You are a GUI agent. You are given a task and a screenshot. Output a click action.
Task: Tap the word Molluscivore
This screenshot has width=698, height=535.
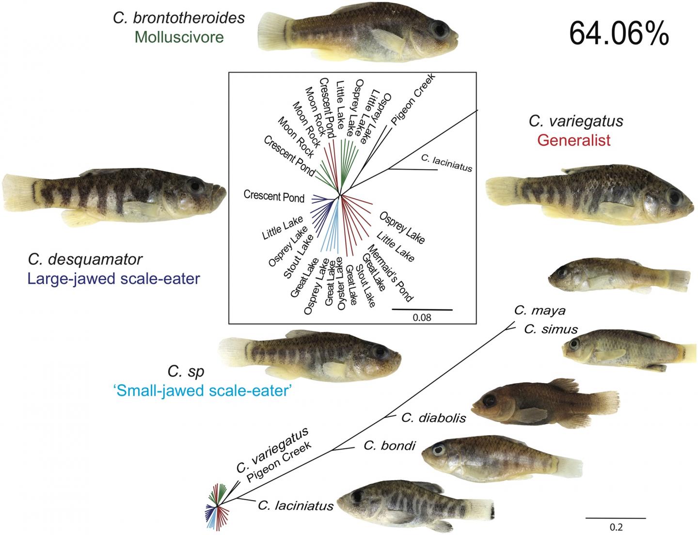pos(179,37)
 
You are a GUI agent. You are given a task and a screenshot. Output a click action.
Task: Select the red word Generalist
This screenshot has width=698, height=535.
pos(574,141)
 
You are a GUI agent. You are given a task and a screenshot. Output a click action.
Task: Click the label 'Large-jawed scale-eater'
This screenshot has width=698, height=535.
pos(114,279)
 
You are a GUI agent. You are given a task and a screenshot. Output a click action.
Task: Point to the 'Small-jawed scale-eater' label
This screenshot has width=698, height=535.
pos(201,391)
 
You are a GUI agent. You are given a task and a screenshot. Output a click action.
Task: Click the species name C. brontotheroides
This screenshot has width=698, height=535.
pos(179,18)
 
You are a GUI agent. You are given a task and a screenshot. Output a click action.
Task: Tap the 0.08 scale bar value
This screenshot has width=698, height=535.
pos(422,318)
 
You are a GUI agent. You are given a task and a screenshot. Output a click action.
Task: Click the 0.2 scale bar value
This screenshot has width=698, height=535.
pos(616,527)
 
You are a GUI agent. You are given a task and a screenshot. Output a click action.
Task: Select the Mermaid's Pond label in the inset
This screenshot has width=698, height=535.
pos(393,273)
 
